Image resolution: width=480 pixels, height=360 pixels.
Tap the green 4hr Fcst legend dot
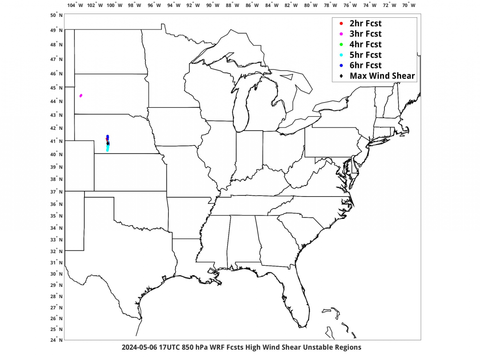[x=341, y=45]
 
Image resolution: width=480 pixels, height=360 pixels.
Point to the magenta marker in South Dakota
[x=81, y=96]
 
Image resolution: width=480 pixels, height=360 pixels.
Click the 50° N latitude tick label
[x=56, y=15]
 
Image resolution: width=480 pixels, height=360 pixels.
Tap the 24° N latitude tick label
[x=56, y=340]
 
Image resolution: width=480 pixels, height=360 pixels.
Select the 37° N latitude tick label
[x=56, y=191]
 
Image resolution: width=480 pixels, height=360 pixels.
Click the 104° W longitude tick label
[x=75, y=5]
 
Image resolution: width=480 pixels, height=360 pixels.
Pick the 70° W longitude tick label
[x=409, y=5]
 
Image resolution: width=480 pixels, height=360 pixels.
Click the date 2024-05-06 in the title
[x=139, y=347]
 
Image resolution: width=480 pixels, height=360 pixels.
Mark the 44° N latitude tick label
[x=56, y=101]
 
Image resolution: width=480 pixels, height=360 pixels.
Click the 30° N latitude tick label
[x=56, y=274]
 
